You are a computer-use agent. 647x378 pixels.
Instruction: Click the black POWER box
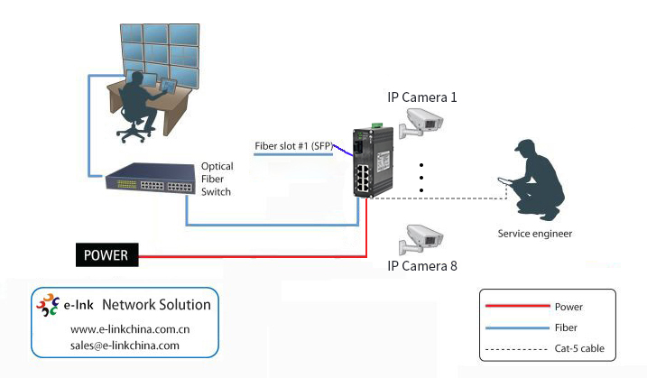pyautogui.click(x=106, y=255)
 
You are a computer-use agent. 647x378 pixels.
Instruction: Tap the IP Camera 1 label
pyautogui.click(x=421, y=96)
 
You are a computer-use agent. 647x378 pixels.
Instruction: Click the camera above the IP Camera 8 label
pyautogui.click(x=421, y=237)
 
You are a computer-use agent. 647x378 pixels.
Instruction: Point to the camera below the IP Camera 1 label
pyautogui.click(x=421, y=123)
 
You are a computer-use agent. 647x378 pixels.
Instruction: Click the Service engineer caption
pyautogui.click(x=535, y=234)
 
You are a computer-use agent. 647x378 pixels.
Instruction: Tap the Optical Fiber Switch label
pyautogui.click(x=217, y=179)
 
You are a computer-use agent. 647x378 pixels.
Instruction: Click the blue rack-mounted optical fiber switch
pyautogui.click(x=152, y=180)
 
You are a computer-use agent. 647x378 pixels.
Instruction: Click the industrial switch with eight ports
pyautogui.click(x=370, y=162)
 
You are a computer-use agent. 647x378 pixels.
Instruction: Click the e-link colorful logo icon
pyautogui.click(x=48, y=305)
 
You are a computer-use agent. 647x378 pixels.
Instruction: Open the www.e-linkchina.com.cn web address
pyautogui.click(x=130, y=328)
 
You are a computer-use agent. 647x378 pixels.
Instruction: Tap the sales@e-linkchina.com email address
pyautogui.click(x=125, y=345)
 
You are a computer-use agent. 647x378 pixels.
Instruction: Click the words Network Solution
pyautogui.click(x=156, y=305)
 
